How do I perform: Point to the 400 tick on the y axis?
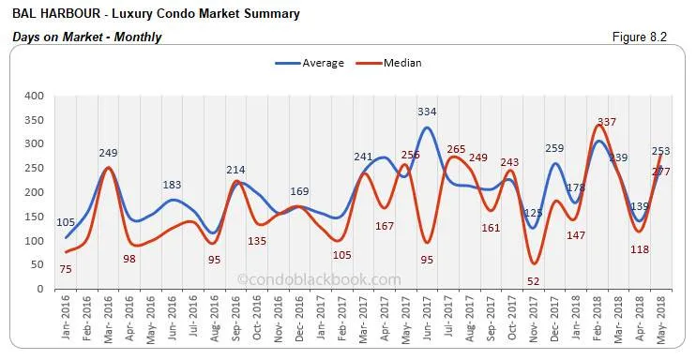pyautogui.click(x=33, y=96)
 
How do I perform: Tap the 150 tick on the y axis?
pyautogui.click(x=33, y=217)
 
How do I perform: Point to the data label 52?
pyautogui.click(x=533, y=281)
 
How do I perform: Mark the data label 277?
pyautogui.click(x=661, y=172)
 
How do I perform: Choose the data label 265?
pyautogui.click(x=456, y=148)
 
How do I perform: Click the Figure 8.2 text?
pyautogui.click(x=648, y=37)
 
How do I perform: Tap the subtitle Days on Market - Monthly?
pyautogui.click(x=87, y=37)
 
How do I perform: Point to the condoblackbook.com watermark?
pyautogui.click(x=319, y=279)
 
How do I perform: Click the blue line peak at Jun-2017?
pyautogui.click(x=427, y=127)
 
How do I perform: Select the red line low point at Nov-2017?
pyautogui.click(x=533, y=263)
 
